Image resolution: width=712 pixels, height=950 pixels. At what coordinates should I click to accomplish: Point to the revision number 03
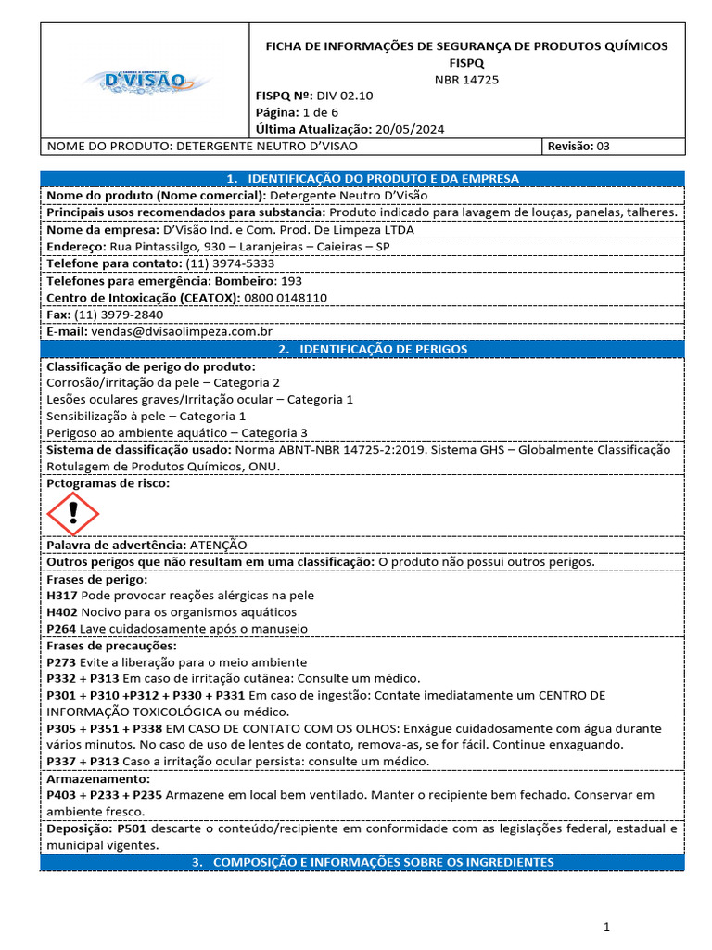click(x=603, y=146)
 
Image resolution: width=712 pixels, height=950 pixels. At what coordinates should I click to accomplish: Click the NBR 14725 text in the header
click(x=466, y=79)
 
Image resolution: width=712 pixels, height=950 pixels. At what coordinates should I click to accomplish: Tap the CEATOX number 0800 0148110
click(x=286, y=297)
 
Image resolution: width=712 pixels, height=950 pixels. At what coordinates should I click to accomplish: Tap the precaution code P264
click(x=61, y=628)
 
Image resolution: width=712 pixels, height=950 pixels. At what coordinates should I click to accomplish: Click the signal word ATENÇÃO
click(x=218, y=546)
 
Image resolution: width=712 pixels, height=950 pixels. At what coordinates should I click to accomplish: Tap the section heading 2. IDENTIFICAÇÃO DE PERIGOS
click(x=362, y=349)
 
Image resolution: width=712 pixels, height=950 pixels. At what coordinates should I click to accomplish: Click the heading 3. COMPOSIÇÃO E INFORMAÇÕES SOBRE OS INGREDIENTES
click(x=362, y=862)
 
